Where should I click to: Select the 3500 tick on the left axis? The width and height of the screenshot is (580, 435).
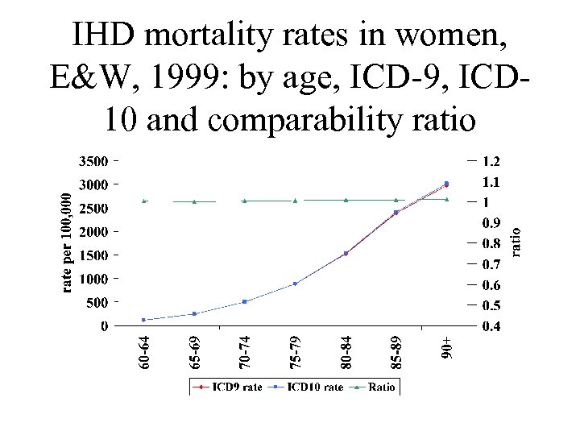click(93, 160)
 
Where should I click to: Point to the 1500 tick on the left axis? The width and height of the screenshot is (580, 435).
click(93, 255)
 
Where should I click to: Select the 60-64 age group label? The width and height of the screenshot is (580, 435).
click(144, 353)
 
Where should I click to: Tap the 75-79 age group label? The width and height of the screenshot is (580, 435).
click(296, 353)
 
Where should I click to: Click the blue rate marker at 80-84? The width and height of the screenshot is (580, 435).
click(346, 254)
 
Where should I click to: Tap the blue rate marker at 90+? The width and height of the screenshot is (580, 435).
click(446, 183)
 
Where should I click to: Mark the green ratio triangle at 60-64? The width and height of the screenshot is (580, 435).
click(144, 201)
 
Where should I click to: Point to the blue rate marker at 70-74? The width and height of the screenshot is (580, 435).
click(245, 301)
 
